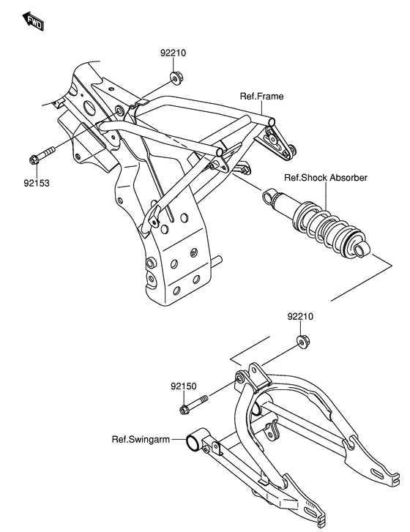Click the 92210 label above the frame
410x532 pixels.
174,53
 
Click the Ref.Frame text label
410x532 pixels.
261,96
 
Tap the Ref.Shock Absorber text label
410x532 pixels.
325,178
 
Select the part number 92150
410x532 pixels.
185,386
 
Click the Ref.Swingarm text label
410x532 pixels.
141,440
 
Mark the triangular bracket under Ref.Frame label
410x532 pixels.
280,141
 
